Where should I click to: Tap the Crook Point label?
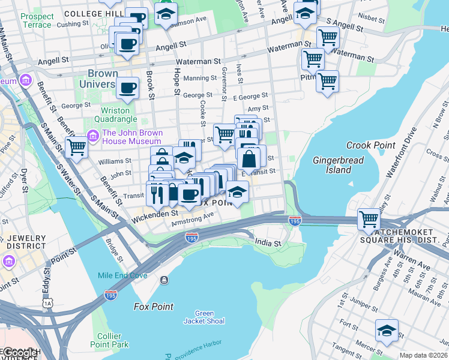(x=370, y=145)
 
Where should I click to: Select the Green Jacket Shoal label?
(x=209, y=317)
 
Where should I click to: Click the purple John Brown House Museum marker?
(x=93, y=137)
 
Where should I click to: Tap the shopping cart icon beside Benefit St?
(x=77, y=146)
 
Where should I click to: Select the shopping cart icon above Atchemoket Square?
(x=368, y=218)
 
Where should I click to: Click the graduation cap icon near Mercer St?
(x=387, y=331)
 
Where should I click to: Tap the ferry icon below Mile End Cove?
(x=164, y=280)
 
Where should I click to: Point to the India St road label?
(x=268, y=243)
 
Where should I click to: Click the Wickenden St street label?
(x=154, y=212)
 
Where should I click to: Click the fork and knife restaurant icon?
(x=157, y=193)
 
